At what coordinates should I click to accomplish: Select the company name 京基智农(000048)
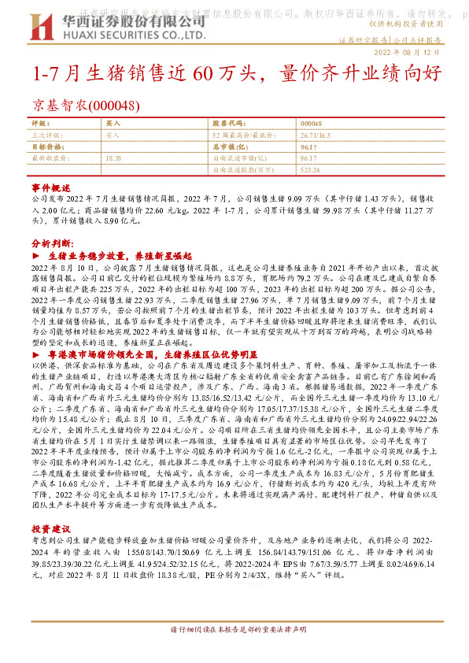pos(87,106)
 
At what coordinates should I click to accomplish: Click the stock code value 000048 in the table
pos(311,124)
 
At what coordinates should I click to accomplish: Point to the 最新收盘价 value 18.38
pos(112,157)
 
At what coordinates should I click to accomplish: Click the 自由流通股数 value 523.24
pos(310,169)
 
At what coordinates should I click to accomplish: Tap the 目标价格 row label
pos(46,146)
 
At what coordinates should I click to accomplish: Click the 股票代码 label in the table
pos(227,124)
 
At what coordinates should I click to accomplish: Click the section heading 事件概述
pos(51,190)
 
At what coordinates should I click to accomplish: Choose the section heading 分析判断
pos(52,243)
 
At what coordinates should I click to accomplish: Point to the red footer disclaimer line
pos(234,653)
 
